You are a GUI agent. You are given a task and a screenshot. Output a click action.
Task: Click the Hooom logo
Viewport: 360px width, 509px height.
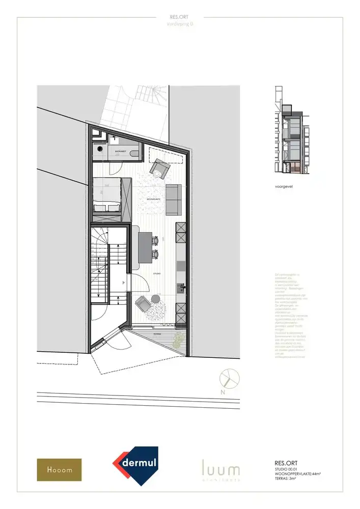59,470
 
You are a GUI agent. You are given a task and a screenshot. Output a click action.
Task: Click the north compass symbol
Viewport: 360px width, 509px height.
228,379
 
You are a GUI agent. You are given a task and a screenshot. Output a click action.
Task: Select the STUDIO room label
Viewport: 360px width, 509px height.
157,274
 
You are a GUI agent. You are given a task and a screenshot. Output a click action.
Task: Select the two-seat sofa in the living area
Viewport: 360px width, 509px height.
174,200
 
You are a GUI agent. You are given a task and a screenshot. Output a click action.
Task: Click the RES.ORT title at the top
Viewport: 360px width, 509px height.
180,17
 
